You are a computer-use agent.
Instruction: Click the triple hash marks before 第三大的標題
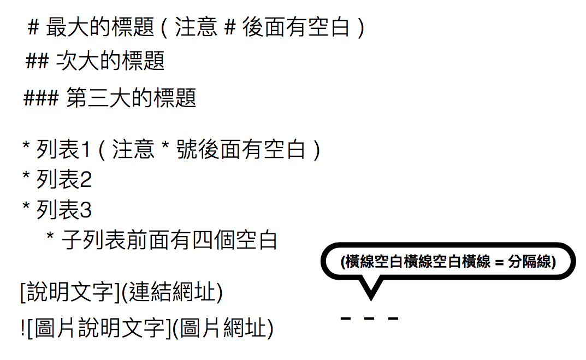point(40,99)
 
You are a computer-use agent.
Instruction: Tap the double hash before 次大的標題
point(38,62)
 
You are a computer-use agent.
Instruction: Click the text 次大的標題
point(110,62)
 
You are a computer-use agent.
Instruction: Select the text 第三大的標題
point(131,99)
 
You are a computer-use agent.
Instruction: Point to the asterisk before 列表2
point(26,178)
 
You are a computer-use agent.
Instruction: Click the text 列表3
point(64,210)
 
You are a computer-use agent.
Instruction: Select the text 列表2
point(64,179)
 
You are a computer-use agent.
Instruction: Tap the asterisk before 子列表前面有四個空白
point(51,238)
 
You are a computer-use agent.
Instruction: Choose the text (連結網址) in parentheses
point(171,293)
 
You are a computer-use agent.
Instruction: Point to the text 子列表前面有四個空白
point(169,240)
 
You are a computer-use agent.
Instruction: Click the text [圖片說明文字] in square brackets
point(96,328)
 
